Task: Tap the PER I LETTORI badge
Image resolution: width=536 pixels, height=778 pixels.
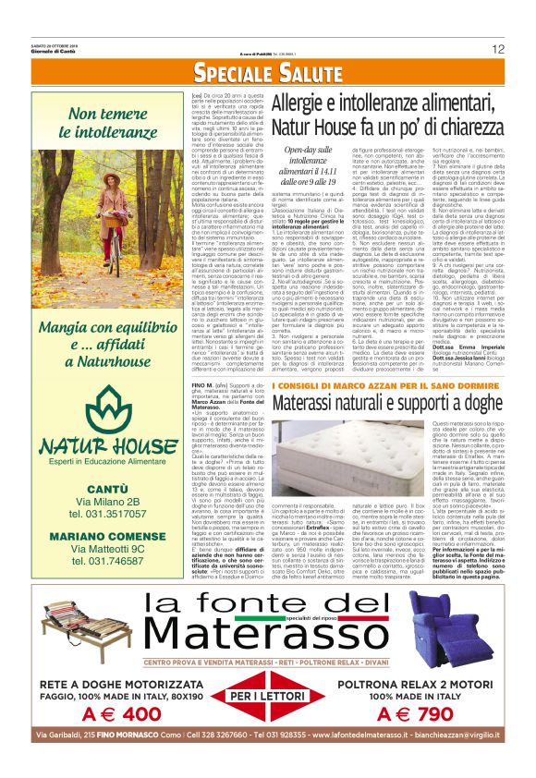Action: pyautogui.click(x=267, y=696)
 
